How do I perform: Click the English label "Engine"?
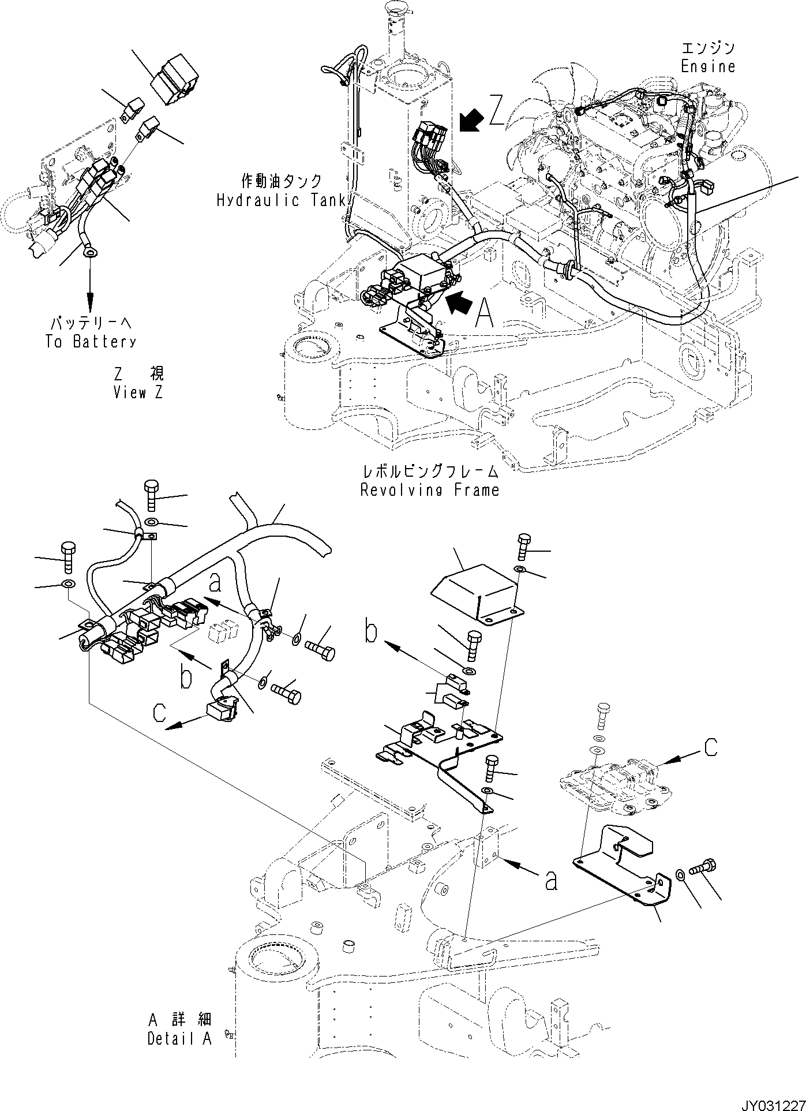click(708, 66)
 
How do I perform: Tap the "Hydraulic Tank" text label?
click(281, 201)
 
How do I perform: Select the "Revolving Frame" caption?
click(429, 491)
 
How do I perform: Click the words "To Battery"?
click(91, 342)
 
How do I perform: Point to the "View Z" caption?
click(138, 393)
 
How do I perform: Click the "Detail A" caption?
click(179, 1039)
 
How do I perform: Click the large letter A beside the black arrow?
click(483, 313)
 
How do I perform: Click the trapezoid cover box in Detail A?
click(473, 594)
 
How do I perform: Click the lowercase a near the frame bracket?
click(551, 881)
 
